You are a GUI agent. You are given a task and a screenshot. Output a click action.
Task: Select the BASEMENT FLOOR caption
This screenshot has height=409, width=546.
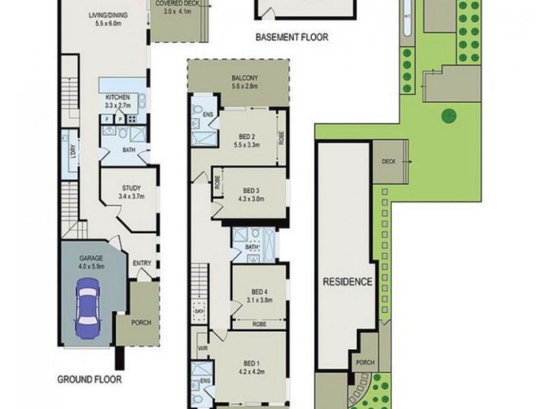292,39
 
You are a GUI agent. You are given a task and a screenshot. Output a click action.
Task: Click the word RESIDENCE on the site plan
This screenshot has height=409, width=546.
347,282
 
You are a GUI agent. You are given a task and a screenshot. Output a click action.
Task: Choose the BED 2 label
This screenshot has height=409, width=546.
247,135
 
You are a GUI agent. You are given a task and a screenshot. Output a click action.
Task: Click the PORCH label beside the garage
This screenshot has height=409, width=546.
141,322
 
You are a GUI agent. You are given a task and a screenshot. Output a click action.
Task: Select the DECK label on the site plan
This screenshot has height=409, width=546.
389,162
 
